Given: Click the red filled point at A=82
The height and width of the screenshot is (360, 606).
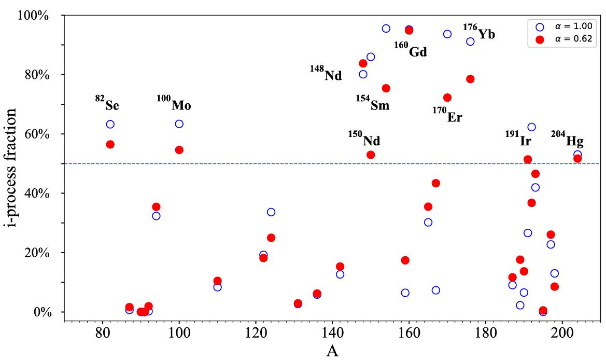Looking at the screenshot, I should pyautogui.click(x=110, y=144).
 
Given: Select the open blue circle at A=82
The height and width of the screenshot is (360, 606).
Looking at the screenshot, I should pyautogui.click(x=110, y=124).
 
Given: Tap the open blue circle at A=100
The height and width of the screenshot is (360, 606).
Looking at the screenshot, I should pyautogui.click(x=179, y=124).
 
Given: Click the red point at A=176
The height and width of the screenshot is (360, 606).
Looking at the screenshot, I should pyautogui.click(x=470, y=79).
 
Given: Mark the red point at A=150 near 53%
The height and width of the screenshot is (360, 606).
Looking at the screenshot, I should pyautogui.click(x=371, y=155).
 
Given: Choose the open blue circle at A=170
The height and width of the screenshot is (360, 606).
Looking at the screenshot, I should pyautogui.click(x=447, y=34).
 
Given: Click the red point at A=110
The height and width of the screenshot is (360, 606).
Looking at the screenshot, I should pyautogui.click(x=217, y=281).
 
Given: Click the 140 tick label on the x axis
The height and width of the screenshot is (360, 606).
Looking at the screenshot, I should pyautogui.click(x=332, y=330).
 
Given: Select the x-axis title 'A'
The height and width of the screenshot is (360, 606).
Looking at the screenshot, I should pyautogui.click(x=332, y=351).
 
